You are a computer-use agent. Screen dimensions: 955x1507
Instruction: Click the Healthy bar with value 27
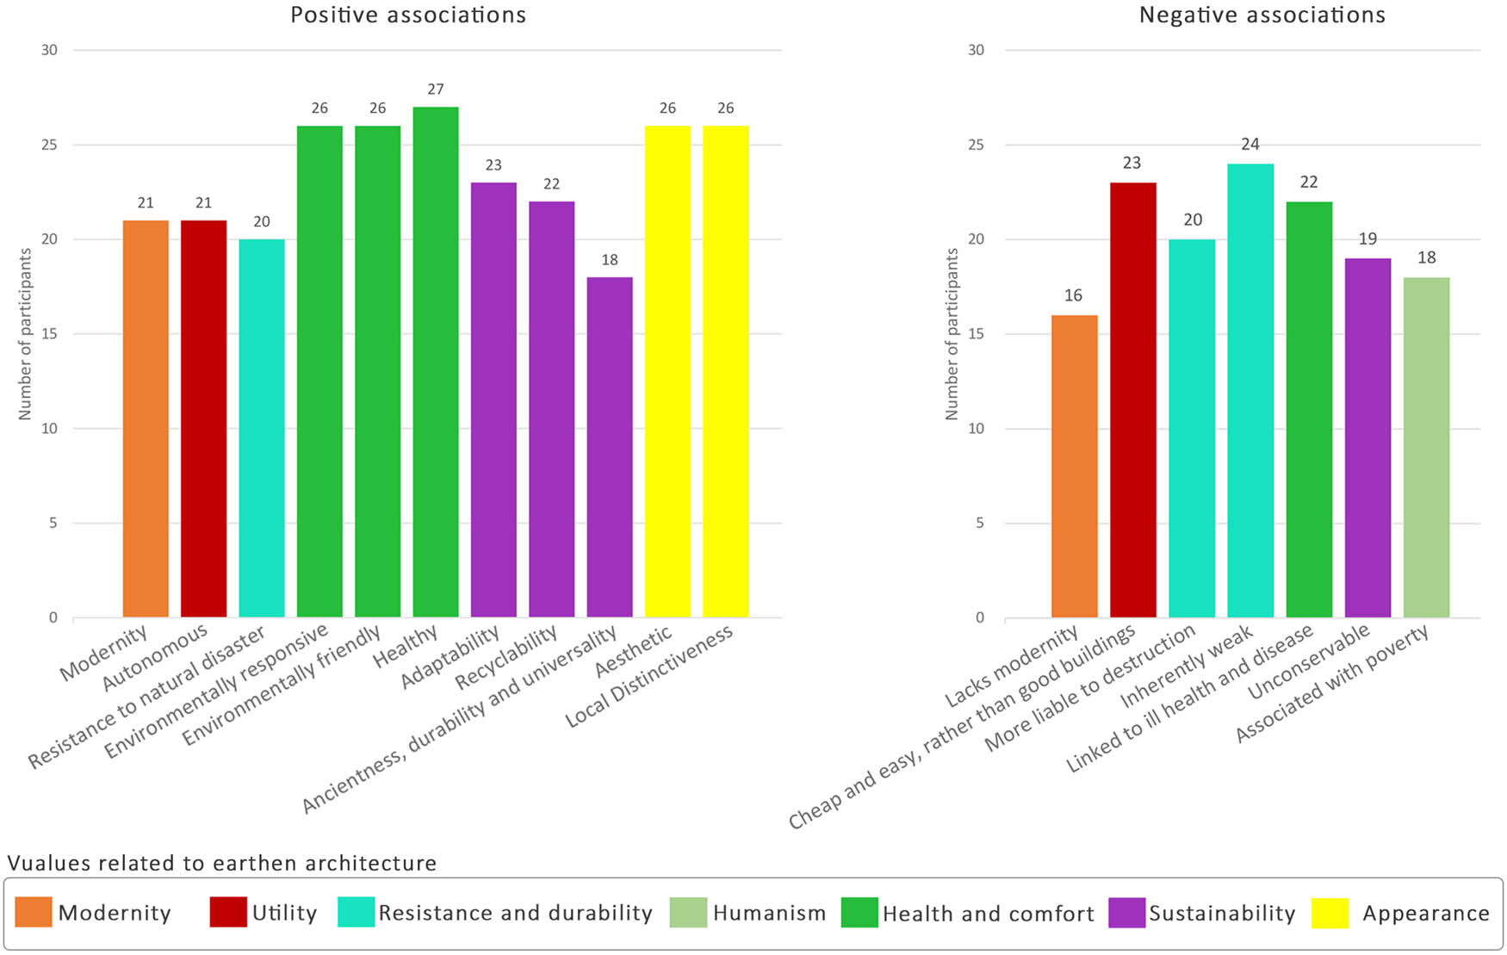click(x=435, y=362)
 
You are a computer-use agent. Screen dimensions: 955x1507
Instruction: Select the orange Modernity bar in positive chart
click(x=146, y=419)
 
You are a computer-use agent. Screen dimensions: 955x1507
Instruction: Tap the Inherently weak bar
click(x=1250, y=390)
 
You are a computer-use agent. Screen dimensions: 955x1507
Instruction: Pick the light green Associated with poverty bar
click(x=1426, y=447)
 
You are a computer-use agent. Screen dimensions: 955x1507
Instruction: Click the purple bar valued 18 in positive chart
click(x=609, y=447)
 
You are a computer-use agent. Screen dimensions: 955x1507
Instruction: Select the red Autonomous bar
click(x=203, y=419)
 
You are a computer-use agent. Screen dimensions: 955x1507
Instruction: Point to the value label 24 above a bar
click(x=1250, y=145)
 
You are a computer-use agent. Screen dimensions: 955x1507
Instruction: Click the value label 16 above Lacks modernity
click(x=1073, y=296)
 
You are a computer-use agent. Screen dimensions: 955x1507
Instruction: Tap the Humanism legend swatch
click(x=688, y=913)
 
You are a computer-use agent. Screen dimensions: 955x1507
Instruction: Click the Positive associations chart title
click(x=407, y=16)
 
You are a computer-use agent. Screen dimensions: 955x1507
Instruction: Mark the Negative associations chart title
click(x=1262, y=16)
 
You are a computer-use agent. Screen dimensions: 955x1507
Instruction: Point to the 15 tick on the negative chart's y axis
click(x=976, y=334)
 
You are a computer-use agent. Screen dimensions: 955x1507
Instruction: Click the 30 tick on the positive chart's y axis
click(x=49, y=50)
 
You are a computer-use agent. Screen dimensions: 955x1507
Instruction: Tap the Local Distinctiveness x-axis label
click(x=649, y=677)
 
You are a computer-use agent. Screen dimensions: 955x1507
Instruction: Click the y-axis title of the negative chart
click(x=952, y=334)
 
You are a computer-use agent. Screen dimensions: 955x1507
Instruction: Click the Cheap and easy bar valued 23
click(x=1132, y=400)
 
